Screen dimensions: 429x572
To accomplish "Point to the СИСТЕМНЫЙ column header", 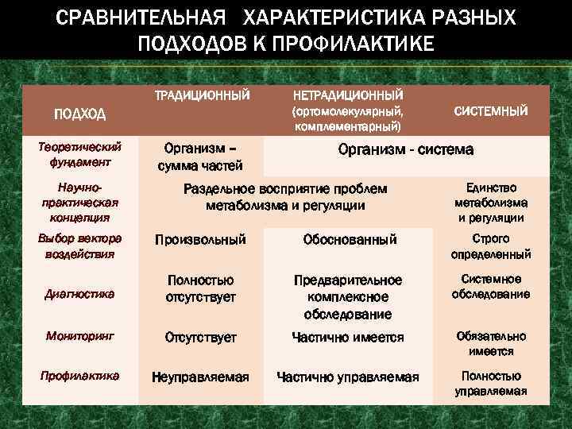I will point(490,111).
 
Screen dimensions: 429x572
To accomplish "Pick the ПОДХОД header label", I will point(79,114).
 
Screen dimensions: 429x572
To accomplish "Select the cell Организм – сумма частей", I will point(199,157).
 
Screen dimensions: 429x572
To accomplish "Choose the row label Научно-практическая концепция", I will point(79,202).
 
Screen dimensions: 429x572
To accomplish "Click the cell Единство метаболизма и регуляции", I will point(490,202).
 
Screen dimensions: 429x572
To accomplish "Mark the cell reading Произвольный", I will point(200,239).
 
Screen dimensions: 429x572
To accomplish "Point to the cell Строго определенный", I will point(490,246).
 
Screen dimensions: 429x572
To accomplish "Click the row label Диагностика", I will point(79,294).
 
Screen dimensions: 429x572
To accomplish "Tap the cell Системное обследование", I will point(490,287).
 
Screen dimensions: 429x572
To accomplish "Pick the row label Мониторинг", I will point(79,336).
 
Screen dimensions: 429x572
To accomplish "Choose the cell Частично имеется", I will point(347,337).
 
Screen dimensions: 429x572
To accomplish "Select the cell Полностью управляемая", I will point(490,384).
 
